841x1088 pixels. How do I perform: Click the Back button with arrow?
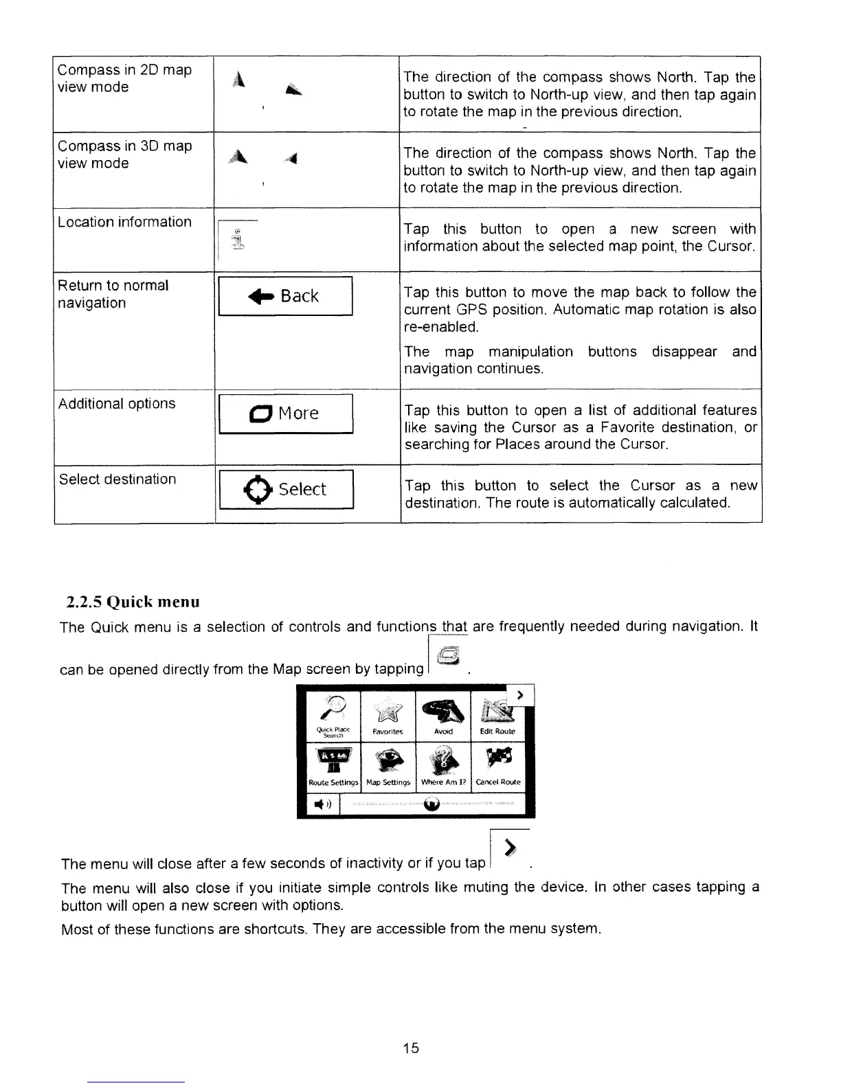pyautogui.click(x=284, y=296)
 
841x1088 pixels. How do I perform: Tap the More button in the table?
pyautogui.click(x=284, y=413)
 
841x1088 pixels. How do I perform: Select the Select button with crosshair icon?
pyautogui.click(x=284, y=489)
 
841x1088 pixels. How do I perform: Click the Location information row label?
pyautogui.click(x=124, y=222)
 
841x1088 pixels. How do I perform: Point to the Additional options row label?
pyautogui.click(x=117, y=403)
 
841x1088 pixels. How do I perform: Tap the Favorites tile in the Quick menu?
pyautogui.click(x=388, y=716)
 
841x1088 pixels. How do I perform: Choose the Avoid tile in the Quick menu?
pyautogui.click(x=443, y=716)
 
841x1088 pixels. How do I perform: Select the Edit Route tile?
pyautogui.click(x=498, y=716)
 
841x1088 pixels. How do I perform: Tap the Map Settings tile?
pyautogui.click(x=388, y=767)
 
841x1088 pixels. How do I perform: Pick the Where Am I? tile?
pyautogui.click(x=443, y=767)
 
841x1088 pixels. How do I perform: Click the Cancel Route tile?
pyautogui.click(x=498, y=767)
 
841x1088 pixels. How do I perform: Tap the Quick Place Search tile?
pyautogui.click(x=333, y=716)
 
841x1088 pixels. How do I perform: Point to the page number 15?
pyautogui.click(x=411, y=1047)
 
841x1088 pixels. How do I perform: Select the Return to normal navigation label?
pyautogui.click(x=113, y=294)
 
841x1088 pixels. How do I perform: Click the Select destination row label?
pyautogui.click(x=117, y=479)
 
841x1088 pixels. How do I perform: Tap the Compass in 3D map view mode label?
pyautogui.click(x=124, y=155)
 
